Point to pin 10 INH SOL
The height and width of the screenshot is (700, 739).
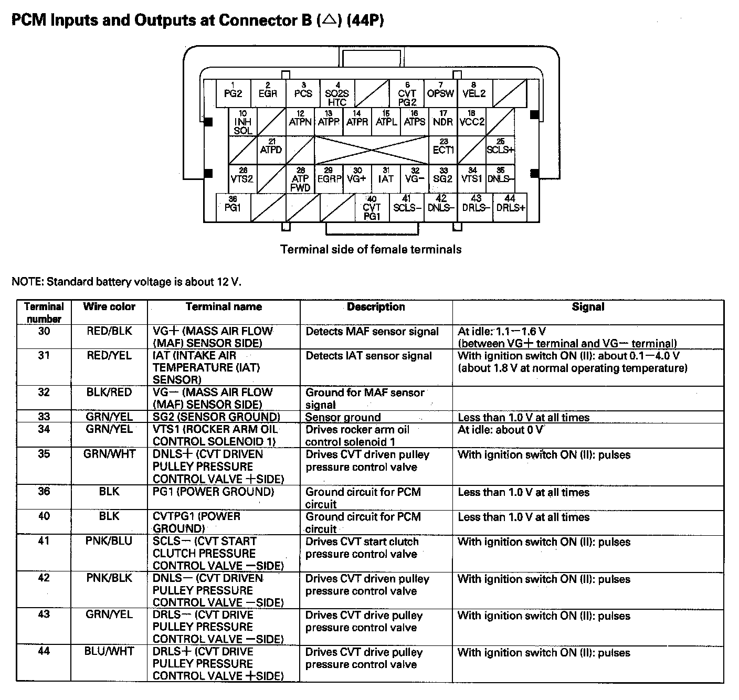point(242,122)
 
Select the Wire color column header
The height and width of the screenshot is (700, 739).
point(109,307)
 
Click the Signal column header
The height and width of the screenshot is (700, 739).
point(588,307)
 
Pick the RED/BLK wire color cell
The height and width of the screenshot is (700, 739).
point(109,331)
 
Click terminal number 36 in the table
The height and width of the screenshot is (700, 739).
point(44,492)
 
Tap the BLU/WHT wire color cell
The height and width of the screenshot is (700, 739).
point(109,651)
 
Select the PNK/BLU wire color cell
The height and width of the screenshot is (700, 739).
point(109,541)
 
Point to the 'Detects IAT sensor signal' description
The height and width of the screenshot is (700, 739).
point(368,356)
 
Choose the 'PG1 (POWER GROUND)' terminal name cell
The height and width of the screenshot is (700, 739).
point(213,492)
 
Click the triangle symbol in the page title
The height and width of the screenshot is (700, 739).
point(329,20)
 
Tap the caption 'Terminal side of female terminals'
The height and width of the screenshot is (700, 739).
point(371,249)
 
